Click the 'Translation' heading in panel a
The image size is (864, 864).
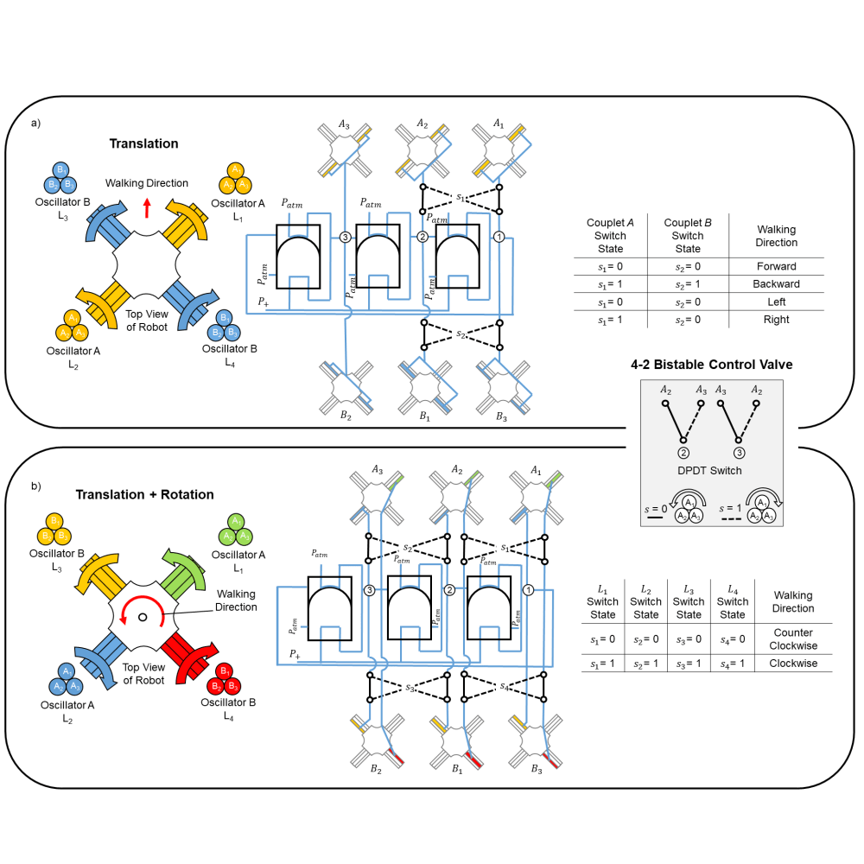[143, 143]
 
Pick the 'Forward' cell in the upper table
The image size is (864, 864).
[776, 266]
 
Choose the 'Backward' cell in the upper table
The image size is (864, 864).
[776, 284]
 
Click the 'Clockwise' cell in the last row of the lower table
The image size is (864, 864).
[792, 664]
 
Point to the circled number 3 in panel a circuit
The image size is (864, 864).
[345, 237]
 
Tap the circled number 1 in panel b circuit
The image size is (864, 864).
[529, 589]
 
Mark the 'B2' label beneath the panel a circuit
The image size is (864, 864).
[345, 415]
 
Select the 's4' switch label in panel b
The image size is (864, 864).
[505, 687]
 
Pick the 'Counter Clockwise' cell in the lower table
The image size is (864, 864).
[792, 638]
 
